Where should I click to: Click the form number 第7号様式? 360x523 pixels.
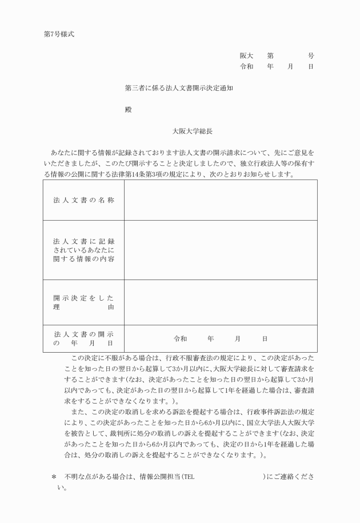(59, 34)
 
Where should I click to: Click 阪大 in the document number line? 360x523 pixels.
(246, 56)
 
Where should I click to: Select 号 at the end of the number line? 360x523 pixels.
(310, 56)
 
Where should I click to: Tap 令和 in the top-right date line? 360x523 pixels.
(246, 67)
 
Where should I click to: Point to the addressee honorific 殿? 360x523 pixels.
(129, 110)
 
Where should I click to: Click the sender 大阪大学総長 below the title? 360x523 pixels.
(193, 131)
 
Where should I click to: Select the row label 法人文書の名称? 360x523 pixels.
(83, 201)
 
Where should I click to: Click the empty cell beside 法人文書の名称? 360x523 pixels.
(220, 201)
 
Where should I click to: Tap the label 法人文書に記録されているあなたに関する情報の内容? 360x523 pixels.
(83, 250)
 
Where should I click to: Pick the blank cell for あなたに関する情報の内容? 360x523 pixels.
(220, 250)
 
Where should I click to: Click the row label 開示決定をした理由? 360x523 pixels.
(83, 302)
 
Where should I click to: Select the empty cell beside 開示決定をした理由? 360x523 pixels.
(220, 302)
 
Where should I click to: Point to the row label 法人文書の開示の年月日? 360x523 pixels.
(83, 338)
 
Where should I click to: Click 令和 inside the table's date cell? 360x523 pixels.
(181, 339)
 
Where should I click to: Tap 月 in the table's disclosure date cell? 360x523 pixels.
(238, 339)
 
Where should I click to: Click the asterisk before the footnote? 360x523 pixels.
(54, 477)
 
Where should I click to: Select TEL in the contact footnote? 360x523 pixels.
(189, 477)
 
